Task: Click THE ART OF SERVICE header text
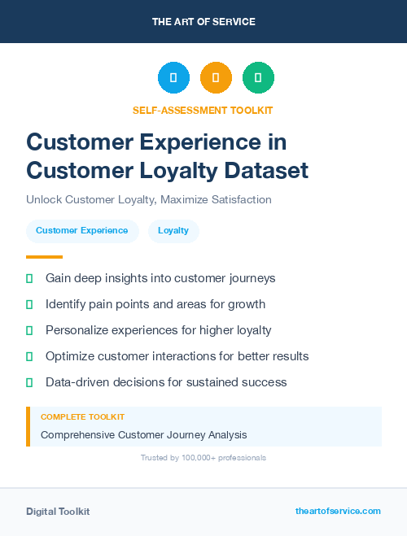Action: click(x=203, y=21)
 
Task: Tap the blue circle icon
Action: click(x=173, y=78)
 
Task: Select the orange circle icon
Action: click(x=216, y=78)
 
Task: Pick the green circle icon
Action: click(x=258, y=78)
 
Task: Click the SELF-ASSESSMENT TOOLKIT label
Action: click(x=203, y=110)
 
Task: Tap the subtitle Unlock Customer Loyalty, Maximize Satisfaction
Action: click(x=149, y=199)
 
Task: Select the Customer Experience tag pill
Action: click(x=81, y=230)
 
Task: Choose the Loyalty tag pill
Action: click(x=173, y=230)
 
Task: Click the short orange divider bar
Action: click(x=39, y=257)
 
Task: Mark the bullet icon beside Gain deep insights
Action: click(x=29, y=278)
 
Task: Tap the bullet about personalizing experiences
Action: click(x=158, y=330)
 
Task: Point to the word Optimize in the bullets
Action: click(x=71, y=356)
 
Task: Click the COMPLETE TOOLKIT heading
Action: click(x=82, y=416)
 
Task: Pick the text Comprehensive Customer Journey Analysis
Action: click(x=143, y=434)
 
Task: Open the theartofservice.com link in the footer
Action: click(x=338, y=511)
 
